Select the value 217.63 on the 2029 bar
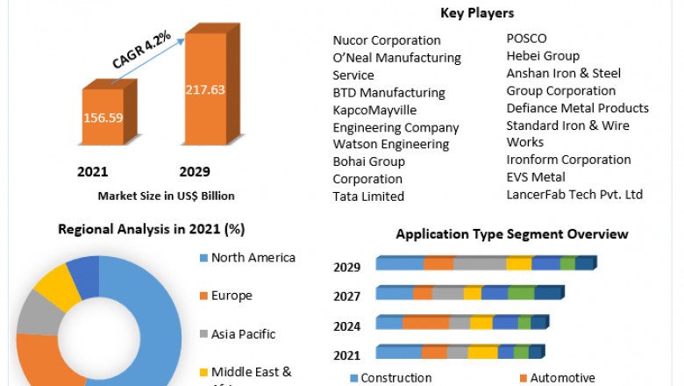(204, 89)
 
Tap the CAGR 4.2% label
(142, 51)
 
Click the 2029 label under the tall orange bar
(195, 171)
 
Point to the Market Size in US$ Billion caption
(166, 196)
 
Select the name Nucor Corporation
(387, 40)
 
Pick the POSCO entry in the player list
(526, 39)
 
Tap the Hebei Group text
(543, 56)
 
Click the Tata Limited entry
(368, 197)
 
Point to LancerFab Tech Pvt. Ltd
(574, 194)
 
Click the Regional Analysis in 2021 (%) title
(151, 229)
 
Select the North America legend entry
(253, 258)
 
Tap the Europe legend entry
(231, 296)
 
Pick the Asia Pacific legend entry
(243, 334)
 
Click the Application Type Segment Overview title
(512, 234)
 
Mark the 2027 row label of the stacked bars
(347, 297)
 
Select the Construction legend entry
(395, 378)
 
